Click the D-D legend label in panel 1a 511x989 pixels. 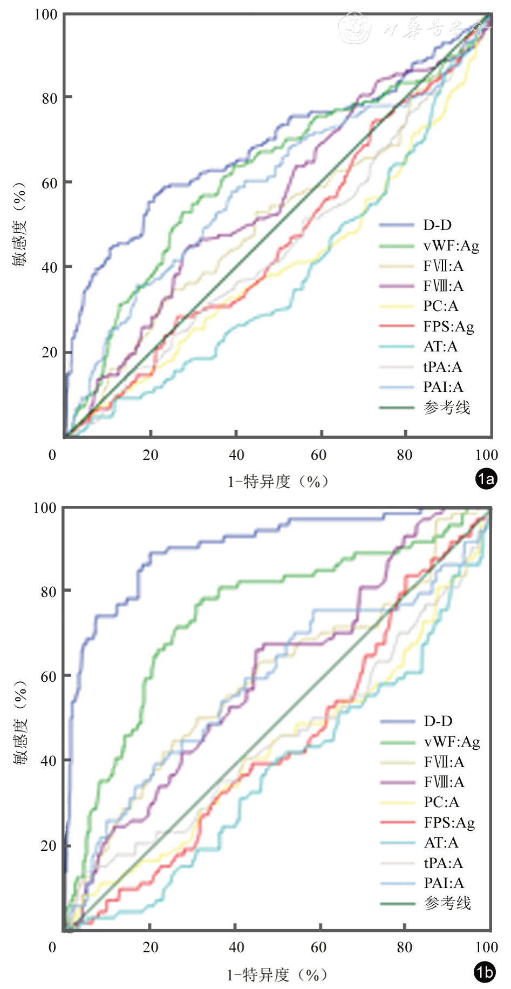click(437, 225)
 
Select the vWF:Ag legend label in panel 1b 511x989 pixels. click(452, 742)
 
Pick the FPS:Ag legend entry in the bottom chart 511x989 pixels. click(449, 823)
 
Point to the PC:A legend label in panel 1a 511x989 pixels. click(440, 306)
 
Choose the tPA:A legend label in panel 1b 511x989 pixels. click(443, 863)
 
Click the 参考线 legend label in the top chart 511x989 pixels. click(447, 408)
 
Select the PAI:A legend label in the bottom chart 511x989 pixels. click(444, 883)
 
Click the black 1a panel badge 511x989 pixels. click(486, 479)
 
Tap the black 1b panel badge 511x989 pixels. click(485, 972)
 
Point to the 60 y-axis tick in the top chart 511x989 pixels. click(50, 183)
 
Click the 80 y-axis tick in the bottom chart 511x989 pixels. click(50, 592)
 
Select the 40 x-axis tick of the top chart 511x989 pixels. click(236, 455)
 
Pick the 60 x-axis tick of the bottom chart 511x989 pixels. click(318, 947)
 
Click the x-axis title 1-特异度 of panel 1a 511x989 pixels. click(277, 481)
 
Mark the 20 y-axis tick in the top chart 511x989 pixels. click(50, 353)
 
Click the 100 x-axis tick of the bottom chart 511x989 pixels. click(487, 947)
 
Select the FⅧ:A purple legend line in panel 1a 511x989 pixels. click(397, 286)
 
